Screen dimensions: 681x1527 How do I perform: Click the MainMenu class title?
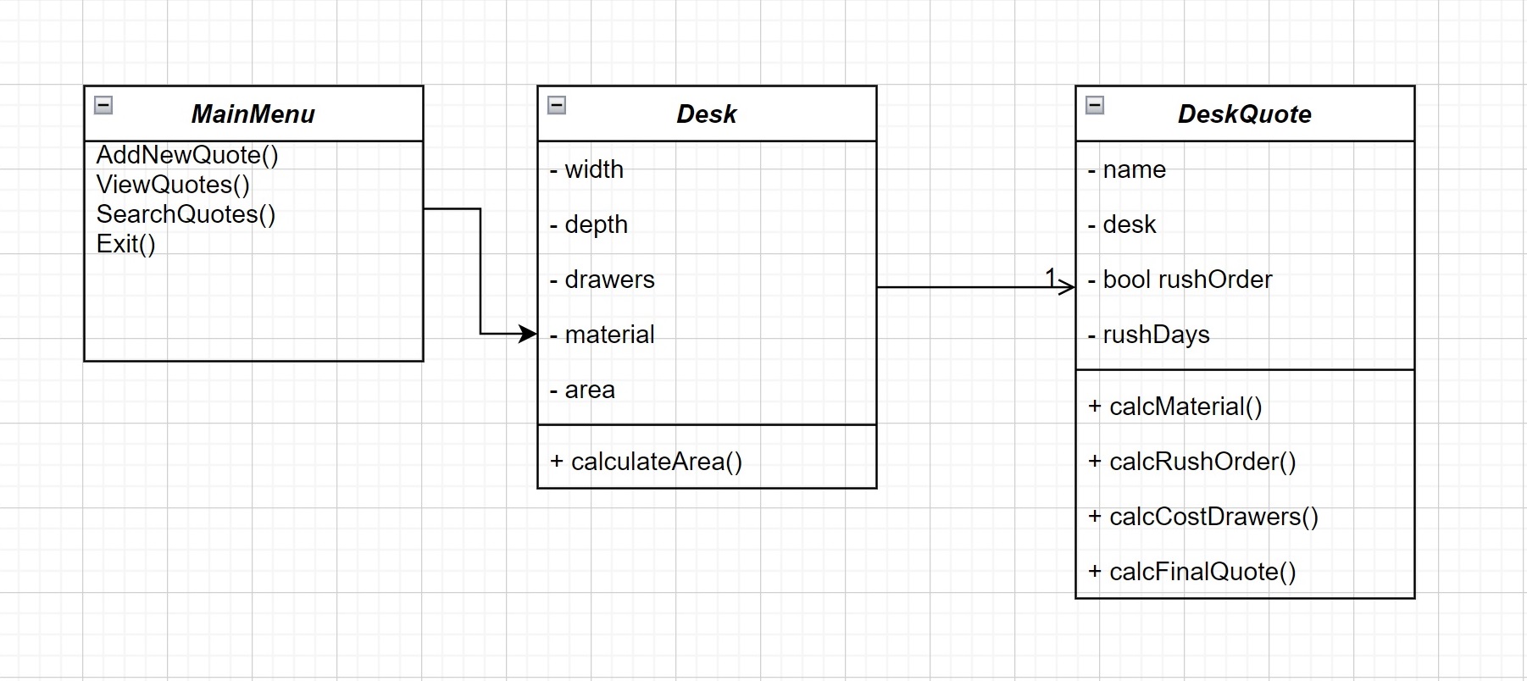pos(253,114)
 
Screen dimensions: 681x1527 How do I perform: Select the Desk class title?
pos(706,114)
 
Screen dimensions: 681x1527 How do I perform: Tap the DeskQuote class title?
pos(1244,114)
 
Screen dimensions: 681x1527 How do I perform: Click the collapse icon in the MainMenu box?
pos(103,105)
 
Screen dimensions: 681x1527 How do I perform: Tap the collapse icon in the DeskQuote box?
pos(1095,105)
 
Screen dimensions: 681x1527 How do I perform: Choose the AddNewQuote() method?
pos(187,155)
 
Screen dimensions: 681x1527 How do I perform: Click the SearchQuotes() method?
pos(186,214)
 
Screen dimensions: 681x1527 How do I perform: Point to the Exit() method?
pos(125,244)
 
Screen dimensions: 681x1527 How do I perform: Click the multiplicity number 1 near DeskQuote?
pos(1051,276)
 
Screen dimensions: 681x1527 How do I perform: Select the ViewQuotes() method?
pos(173,185)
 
